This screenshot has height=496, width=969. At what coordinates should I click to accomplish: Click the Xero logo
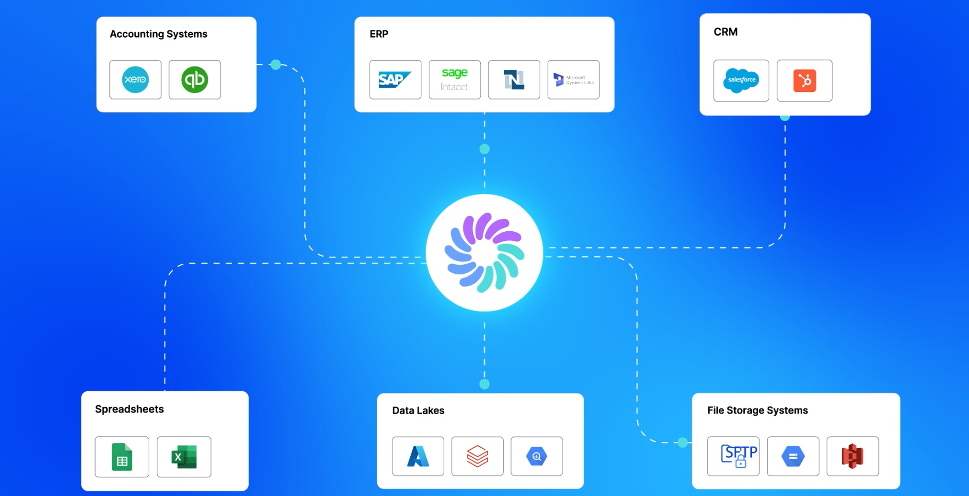click(135, 80)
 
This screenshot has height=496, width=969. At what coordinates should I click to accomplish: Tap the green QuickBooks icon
click(194, 80)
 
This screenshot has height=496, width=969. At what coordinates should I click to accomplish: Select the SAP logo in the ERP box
click(395, 80)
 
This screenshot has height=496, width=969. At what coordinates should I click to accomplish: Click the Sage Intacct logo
click(454, 80)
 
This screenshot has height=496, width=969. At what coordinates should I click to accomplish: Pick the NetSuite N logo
click(514, 80)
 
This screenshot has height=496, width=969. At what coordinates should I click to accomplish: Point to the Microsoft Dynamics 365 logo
click(573, 80)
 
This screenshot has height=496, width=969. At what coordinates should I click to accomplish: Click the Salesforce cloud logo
click(741, 80)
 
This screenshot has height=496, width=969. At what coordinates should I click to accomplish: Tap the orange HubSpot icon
click(804, 81)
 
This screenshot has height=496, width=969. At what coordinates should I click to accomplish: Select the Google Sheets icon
click(122, 457)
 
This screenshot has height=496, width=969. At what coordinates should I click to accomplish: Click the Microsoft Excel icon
click(184, 457)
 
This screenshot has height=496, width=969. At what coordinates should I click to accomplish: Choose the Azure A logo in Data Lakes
click(418, 456)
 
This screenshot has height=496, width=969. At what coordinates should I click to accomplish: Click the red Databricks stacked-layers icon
click(477, 456)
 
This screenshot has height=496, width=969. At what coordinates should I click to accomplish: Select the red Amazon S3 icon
click(852, 456)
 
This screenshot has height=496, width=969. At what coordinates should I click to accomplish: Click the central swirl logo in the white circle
click(484, 253)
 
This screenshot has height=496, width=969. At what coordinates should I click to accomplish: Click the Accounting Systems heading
click(158, 34)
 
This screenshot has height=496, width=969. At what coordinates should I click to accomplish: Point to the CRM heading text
click(726, 32)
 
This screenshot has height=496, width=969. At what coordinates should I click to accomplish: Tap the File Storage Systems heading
click(758, 410)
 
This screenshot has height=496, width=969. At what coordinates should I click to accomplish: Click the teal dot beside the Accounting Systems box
click(276, 65)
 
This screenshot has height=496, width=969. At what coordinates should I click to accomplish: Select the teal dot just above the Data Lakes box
click(484, 384)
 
